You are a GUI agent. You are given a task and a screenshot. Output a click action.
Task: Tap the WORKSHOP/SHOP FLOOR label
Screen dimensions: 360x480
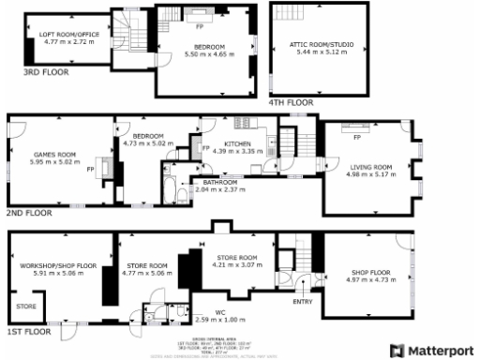coord(58,265)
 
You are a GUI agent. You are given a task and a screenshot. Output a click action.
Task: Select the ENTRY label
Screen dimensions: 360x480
coord(302,301)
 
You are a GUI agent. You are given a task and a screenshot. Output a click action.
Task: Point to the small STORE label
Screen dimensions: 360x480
coord(24,305)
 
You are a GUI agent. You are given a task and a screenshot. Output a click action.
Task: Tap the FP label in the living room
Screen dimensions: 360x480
coord(356,138)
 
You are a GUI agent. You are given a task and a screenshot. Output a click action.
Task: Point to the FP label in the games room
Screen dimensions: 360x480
coord(91,170)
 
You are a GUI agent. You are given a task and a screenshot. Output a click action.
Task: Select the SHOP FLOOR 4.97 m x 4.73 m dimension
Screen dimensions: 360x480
coord(366,280)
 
